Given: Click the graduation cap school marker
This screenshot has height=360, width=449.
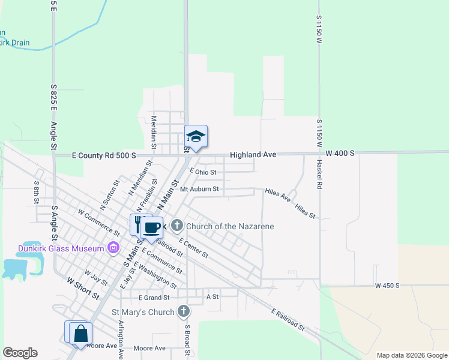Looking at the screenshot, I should (x=196, y=137).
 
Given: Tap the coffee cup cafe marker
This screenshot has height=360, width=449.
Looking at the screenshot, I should (x=152, y=227).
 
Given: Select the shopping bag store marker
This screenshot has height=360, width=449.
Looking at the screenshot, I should (x=80, y=334).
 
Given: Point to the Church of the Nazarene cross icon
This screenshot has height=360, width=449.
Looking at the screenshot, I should (x=176, y=226).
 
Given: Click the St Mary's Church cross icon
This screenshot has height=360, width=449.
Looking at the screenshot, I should (x=184, y=312).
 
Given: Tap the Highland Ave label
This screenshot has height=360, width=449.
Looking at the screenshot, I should (x=253, y=155).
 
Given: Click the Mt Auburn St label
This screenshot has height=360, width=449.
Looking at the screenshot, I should (x=199, y=190).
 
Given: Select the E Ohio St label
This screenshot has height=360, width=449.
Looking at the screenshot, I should (x=202, y=172).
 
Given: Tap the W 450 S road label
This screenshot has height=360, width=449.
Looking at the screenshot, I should (x=387, y=286).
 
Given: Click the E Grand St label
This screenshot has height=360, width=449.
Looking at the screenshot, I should (x=154, y=297).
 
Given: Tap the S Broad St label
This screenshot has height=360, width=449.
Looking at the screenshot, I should (x=187, y=339).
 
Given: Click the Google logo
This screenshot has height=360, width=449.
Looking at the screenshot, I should (x=20, y=353).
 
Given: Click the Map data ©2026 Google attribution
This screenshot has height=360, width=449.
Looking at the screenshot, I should (x=412, y=355).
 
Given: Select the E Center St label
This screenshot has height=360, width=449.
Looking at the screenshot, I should (x=193, y=247).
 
